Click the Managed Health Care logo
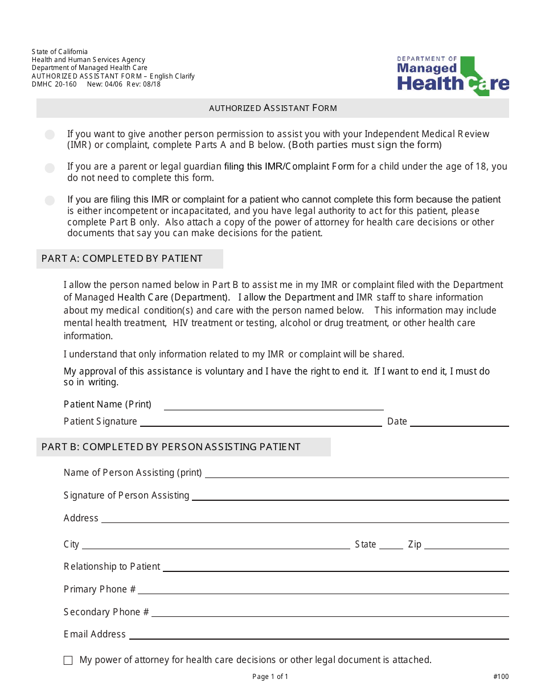tap(453, 76)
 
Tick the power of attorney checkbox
tap(68, 660)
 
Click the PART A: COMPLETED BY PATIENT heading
tap(122, 259)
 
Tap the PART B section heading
tap(171, 447)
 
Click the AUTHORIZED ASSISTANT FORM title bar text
tap(273, 108)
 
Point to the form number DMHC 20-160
tap(54, 84)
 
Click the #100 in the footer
tap(501, 677)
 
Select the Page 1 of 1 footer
tap(270, 677)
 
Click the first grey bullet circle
tap(50, 135)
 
